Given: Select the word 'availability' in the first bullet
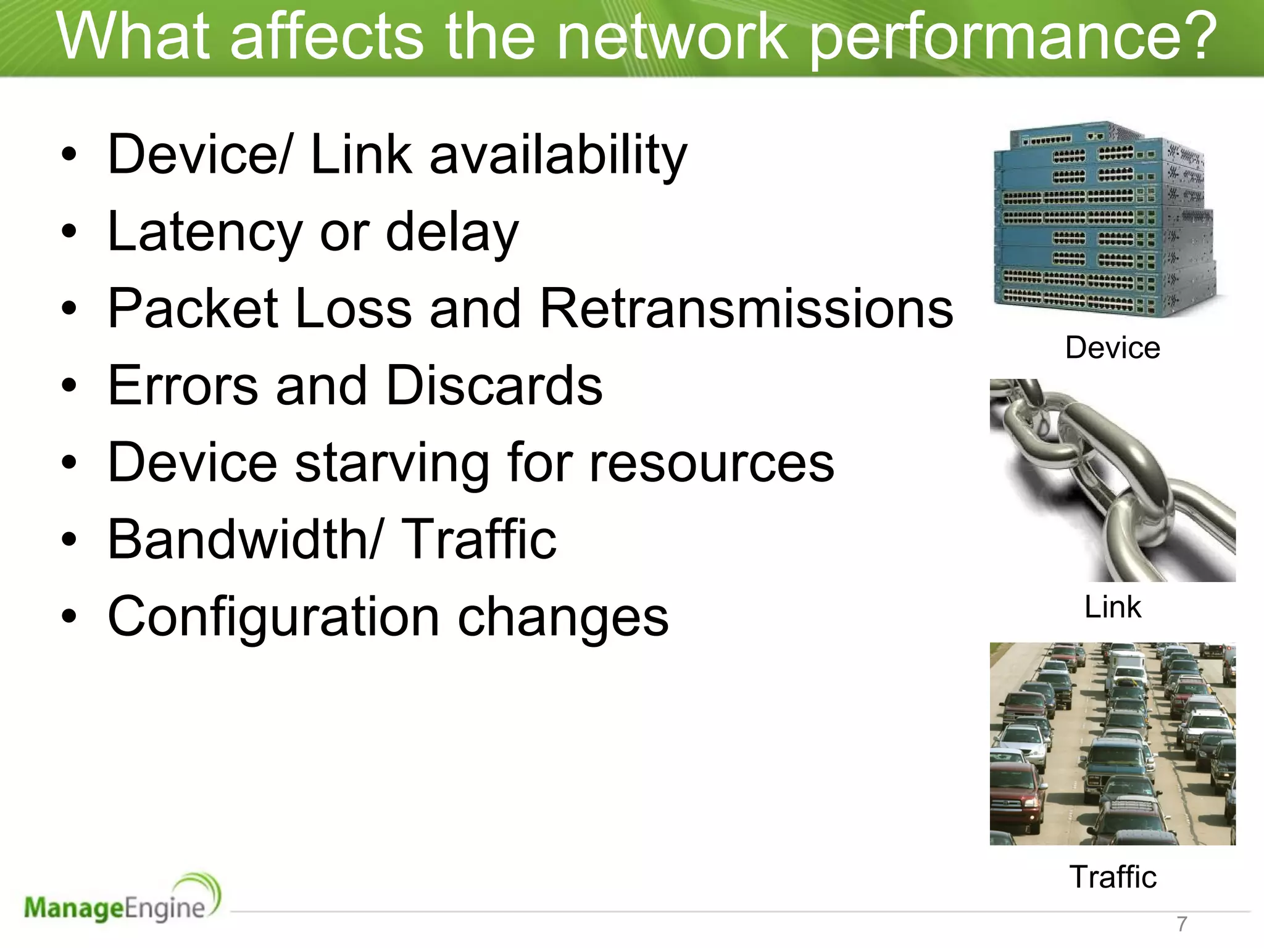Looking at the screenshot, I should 558,155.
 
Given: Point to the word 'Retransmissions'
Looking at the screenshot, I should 747,309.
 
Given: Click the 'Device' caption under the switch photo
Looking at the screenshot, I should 1112,347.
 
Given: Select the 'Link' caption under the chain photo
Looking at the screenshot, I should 1113,607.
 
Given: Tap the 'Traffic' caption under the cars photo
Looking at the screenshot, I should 1113,876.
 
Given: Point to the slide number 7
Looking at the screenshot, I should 1181,924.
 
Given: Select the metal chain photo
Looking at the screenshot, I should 1112,480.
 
